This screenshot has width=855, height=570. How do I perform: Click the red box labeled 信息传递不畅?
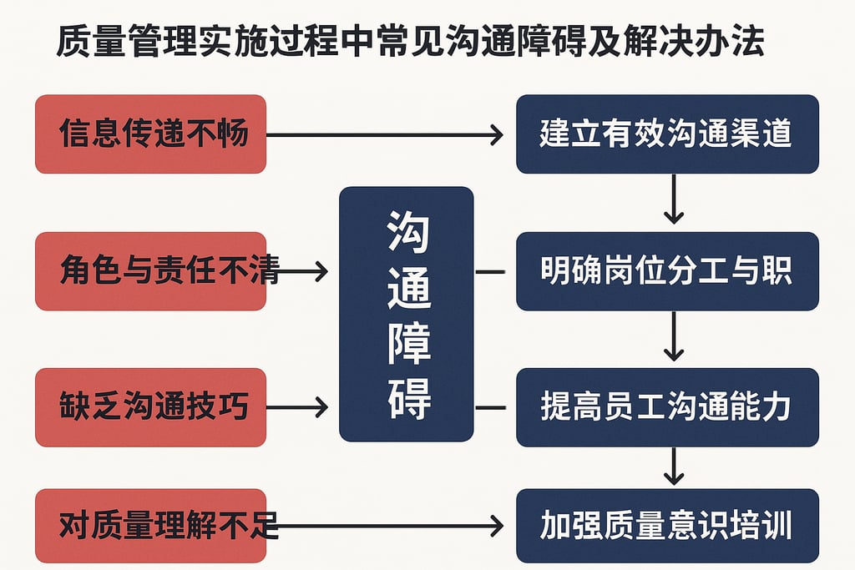point(150,134)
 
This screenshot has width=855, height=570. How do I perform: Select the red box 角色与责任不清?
point(150,271)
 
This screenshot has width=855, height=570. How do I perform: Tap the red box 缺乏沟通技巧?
point(150,407)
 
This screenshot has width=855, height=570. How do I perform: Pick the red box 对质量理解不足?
point(150,526)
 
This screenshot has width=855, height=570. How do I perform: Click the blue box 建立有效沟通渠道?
point(666,134)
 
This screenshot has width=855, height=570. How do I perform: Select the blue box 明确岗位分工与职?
point(666,271)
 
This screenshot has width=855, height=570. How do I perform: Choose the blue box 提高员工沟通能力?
point(666,407)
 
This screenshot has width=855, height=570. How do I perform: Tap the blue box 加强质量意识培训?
point(666,526)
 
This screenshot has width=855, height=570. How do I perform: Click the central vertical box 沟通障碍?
point(406,314)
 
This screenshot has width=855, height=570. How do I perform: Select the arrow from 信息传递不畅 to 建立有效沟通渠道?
point(384,134)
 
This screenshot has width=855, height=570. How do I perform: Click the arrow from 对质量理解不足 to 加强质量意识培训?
point(384,526)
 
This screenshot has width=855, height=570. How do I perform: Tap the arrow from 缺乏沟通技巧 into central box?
point(296,407)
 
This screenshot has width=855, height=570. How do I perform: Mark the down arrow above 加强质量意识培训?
point(674,467)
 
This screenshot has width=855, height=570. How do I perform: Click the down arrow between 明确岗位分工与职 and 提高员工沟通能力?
point(674,338)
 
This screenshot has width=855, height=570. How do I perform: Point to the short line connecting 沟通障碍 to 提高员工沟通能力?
point(490,407)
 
